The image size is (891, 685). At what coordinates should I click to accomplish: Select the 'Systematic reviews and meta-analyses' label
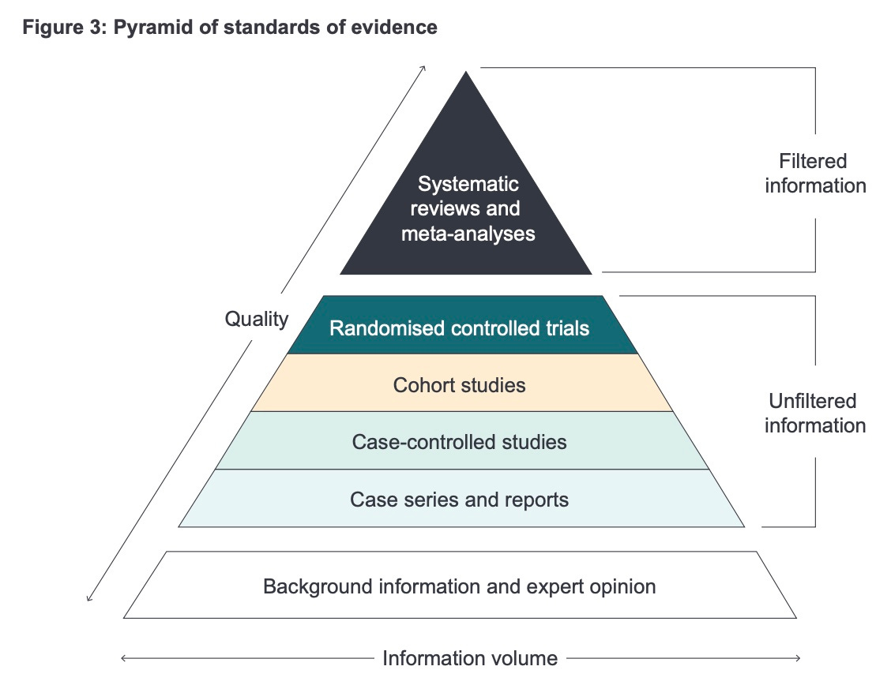point(468,209)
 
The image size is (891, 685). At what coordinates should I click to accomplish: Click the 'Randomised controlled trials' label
point(460,328)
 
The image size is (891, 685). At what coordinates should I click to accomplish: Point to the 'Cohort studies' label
point(459,385)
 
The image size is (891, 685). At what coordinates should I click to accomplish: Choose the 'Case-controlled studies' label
point(459,442)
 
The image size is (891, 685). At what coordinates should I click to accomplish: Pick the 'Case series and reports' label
point(459,500)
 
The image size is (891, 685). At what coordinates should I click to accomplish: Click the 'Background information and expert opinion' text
point(459,587)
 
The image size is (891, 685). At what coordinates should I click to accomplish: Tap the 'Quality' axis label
point(257,319)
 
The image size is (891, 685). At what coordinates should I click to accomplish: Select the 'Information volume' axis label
point(470,658)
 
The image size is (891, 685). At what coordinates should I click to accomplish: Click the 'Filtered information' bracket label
point(814,174)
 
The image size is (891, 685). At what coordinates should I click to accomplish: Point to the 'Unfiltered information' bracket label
point(814,413)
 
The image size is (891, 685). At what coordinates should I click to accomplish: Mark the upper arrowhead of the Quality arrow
point(424,67)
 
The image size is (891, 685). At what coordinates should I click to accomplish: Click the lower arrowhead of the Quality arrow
point(88,599)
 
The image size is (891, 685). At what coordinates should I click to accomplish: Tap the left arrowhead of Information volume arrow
point(124,657)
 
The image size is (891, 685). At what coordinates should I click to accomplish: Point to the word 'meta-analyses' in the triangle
point(468,234)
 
